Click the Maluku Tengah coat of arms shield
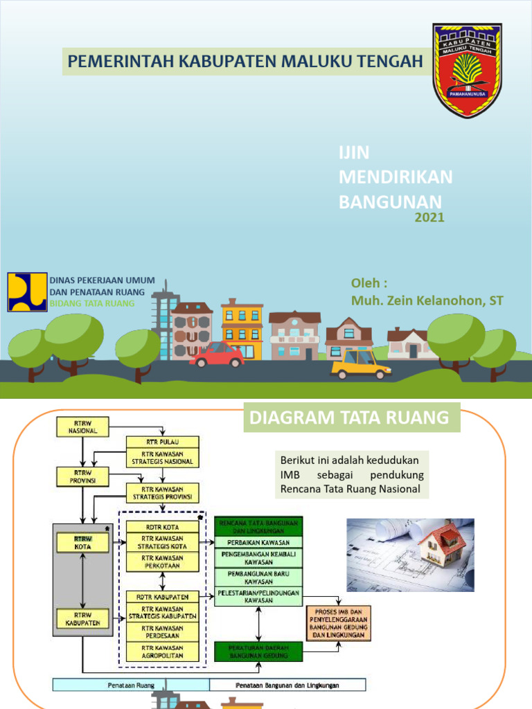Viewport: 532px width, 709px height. pos(467,70)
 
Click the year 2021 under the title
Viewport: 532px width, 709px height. pos(429,218)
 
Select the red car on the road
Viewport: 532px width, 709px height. pos(217,354)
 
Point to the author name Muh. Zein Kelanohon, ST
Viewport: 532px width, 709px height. pos(427,300)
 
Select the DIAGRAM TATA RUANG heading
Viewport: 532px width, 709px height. pos(349,418)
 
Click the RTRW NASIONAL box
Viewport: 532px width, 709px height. pos(77,427)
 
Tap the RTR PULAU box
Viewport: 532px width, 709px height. pos(162,441)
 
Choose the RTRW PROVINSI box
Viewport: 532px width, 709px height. pos(77,476)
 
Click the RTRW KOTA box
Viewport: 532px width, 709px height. pos(82,542)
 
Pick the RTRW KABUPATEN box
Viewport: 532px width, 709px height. pos(82,618)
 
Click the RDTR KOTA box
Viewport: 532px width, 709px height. pos(162,526)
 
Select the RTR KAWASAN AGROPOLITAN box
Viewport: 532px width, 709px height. pos(162,652)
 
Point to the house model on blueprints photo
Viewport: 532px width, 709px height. pos(410,555)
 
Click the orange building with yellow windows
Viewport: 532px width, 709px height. pos(242,329)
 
